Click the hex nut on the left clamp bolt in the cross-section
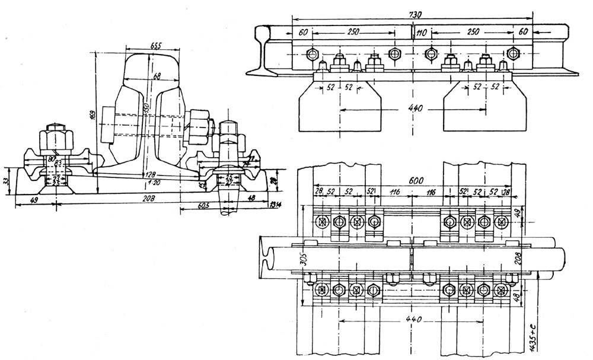[x=54, y=140]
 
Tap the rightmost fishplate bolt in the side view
[x=513, y=53]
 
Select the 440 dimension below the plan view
[x=410, y=320]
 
